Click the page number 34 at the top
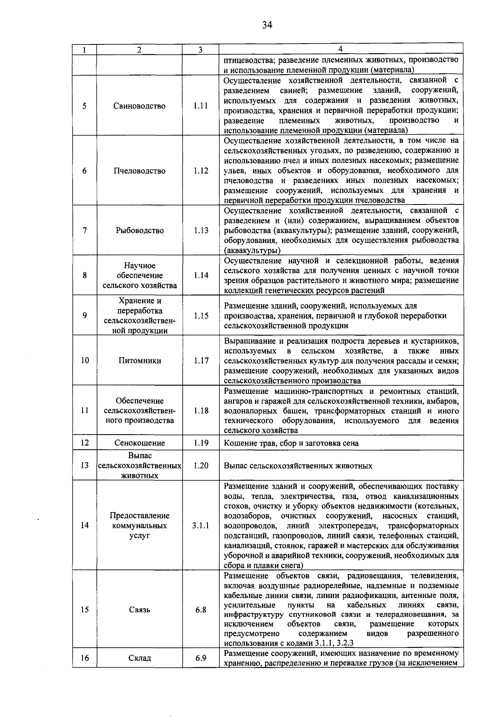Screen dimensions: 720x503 click(x=267, y=25)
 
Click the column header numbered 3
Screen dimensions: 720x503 click(x=200, y=50)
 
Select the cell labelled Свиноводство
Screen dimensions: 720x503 click(x=140, y=106)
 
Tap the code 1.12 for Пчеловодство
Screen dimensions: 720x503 click(x=201, y=171)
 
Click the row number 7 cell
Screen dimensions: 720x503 click(x=85, y=231)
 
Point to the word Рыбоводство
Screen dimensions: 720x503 click(x=140, y=231)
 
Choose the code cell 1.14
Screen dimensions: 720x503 click(x=201, y=275)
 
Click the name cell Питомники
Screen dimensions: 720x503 click(x=140, y=360)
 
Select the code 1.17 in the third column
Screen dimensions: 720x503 click(x=201, y=360)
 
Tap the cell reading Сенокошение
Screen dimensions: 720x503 click(x=140, y=443)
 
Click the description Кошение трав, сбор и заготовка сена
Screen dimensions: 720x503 click(x=291, y=443)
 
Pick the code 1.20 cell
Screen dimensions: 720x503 click(x=201, y=466)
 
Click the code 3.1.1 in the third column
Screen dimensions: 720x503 click(x=201, y=526)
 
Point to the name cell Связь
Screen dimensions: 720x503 click(x=140, y=610)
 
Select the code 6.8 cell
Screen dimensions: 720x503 click(x=201, y=610)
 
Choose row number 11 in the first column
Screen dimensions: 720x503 click(x=85, y=411)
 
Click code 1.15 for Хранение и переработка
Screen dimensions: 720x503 click(x=201, y=316)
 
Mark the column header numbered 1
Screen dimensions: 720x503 click(x=85, y=50)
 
